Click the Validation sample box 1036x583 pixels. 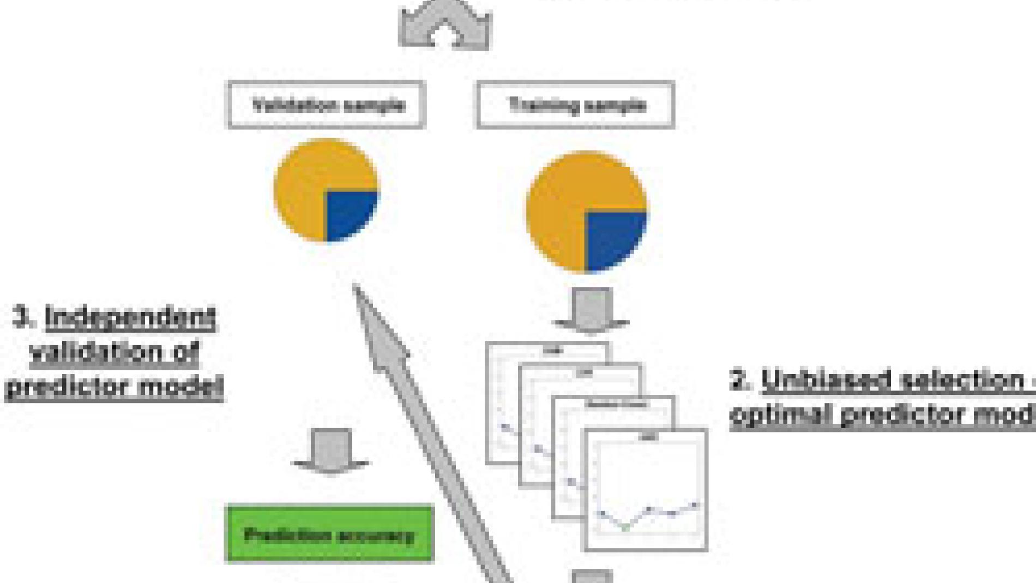point(326,105)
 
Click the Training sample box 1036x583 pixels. point(576,105)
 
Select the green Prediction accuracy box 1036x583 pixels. point(329,534)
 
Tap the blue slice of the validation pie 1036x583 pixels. point(350,213)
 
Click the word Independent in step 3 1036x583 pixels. point(131,318)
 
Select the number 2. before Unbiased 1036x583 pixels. point(741,381)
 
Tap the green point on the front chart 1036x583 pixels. point(625,527)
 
